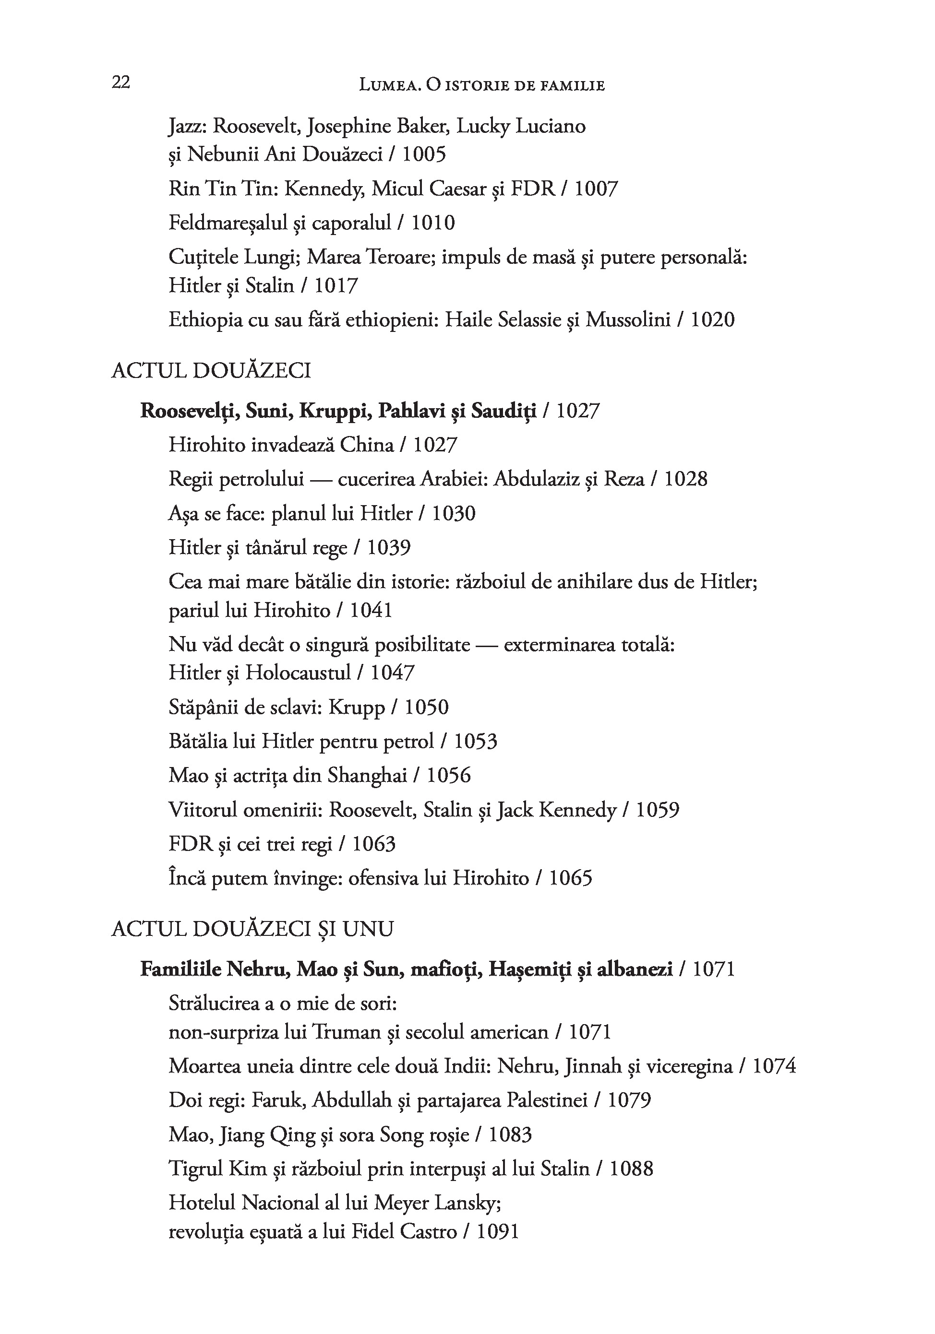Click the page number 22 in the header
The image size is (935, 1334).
coord(121,83)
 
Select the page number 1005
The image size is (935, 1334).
coord(424,154)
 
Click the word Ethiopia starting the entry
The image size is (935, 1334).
coord(204,320)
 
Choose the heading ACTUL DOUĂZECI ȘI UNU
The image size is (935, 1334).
coord(252,929)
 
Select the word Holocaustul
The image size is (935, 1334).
coord(298,673)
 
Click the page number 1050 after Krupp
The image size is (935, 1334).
coord(426,708)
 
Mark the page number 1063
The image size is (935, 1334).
coord(374,844)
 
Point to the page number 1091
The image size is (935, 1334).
coord(497,1232)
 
